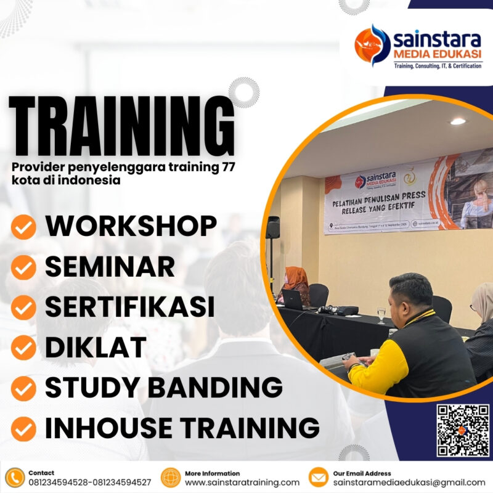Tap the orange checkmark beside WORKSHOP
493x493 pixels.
(x=24, y=228)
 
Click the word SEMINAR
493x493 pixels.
(x=110, y=267)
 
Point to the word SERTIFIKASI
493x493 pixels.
(x=130, y=307)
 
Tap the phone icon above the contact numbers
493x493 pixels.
(x=14, y=478)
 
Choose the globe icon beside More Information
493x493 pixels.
(x=170, y=478)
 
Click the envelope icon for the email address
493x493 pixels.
(x=318, y=478)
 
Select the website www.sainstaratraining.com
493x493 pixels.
(x=242, y=483)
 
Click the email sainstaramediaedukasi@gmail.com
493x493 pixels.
(x=409, y=483)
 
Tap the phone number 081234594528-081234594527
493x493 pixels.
(x=89, y=483)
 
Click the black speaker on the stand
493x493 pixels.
(x=272, y=227)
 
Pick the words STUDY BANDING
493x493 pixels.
(x=163, y=388)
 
